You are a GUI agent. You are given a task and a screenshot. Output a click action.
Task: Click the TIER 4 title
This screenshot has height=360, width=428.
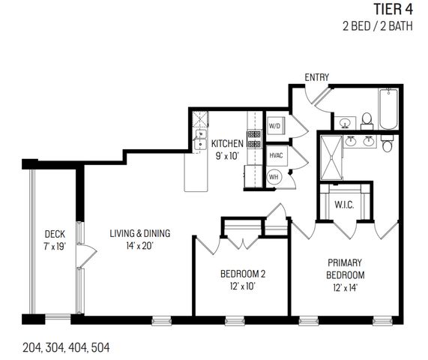[392, 10]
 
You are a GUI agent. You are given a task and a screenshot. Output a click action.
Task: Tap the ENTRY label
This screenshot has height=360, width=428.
[317, 77]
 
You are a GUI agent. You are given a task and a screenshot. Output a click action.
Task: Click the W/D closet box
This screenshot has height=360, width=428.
[274, 126]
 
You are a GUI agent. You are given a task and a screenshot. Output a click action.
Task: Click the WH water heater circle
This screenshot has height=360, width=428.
[274, 176]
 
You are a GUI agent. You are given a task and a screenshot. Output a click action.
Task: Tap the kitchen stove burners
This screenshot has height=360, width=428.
[254, 139]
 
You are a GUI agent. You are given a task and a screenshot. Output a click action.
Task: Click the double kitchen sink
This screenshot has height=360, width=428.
[201, 139]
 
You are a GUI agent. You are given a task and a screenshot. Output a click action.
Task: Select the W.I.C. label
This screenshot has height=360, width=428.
[344, 205]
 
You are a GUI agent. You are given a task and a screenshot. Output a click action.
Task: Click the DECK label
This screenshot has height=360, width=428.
[53, 233]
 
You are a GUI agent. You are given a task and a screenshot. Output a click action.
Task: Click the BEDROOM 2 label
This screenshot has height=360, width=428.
[241, 273]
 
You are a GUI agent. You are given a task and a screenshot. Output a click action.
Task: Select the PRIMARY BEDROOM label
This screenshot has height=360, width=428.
[345, 268]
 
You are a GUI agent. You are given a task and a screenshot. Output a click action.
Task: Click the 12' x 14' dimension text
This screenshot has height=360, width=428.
[345, 287]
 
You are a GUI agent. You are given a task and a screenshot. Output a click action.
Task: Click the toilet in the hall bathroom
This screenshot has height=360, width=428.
[367, 119]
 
